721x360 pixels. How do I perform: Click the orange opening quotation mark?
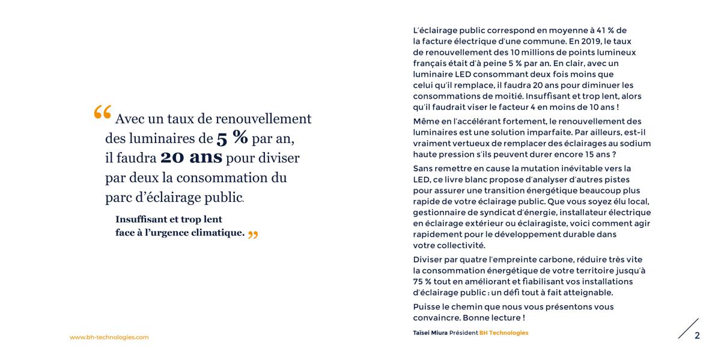tap(103, 112)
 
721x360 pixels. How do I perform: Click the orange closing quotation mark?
tap(253, 234)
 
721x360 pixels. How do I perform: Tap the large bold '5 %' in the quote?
tap(232, 138)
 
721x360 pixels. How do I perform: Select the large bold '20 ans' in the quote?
tap(191, 157)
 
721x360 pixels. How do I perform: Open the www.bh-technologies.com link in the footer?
tap(109, 338)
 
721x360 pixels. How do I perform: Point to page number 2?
tap(697, 335)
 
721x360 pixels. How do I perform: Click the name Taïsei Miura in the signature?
tap(430, 333)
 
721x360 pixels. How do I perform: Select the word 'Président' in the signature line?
tap(464, 333)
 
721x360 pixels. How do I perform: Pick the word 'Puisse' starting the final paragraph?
tap(427, 307)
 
